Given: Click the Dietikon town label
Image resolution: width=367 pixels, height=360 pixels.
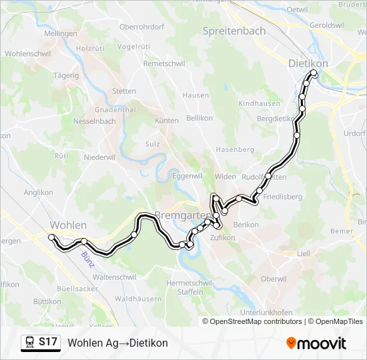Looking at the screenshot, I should click(x=308, y=63).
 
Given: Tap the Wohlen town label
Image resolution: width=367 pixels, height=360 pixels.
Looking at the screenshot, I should click(x=69, y=225).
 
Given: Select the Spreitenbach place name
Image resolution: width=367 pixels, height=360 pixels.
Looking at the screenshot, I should click(x=234, y=31).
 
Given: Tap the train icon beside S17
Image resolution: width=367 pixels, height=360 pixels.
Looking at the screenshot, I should click(x=30, y=343).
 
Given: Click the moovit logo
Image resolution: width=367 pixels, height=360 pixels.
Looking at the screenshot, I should click(x=316, y=343).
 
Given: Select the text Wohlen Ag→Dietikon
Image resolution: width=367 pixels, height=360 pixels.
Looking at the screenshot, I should click(x=118, y=343).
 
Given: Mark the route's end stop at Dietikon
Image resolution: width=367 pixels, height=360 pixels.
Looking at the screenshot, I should click(x=313, y=73).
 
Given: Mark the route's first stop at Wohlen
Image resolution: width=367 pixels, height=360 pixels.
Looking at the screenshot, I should click(x=51, y=237).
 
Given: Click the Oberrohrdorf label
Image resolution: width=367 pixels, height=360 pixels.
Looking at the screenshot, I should click(x=141, y=27).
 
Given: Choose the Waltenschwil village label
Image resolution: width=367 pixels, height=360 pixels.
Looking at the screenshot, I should click(x=115, y=276).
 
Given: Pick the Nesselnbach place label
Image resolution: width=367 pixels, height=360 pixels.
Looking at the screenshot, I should click(x=94, y=121).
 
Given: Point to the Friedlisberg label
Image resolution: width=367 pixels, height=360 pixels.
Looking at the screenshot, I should click(x=282, y=197).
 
